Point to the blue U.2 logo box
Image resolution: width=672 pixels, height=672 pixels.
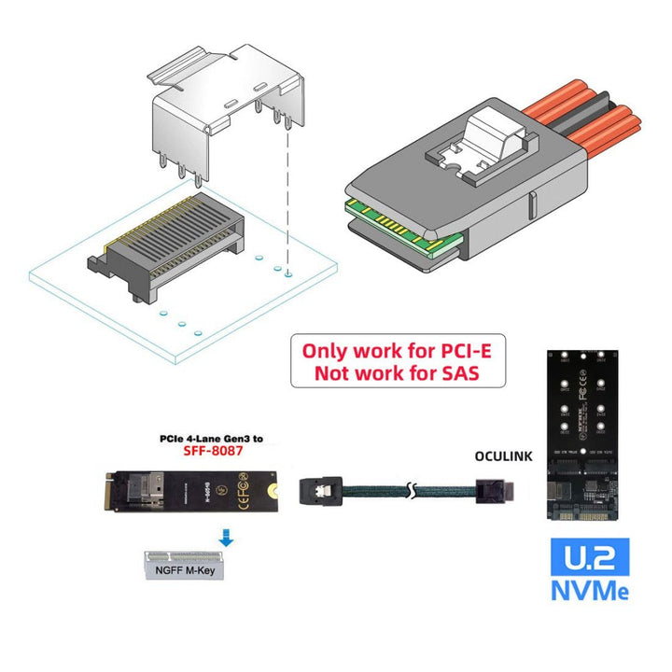(589, 556)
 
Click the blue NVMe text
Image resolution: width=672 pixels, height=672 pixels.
(589, 592)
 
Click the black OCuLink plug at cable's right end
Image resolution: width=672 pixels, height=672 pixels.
(496, 487)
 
